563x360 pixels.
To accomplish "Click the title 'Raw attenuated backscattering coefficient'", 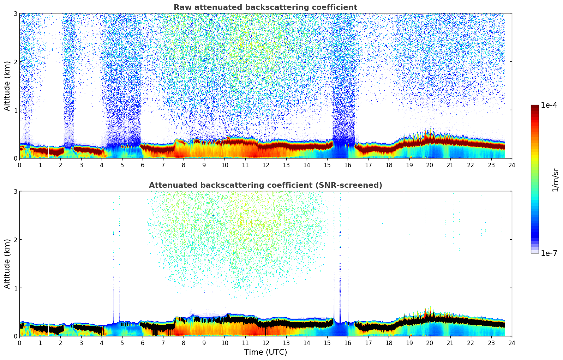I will point(265,7).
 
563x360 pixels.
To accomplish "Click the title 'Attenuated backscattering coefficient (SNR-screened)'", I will point(265,185).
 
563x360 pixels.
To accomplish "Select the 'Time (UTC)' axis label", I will point(265,352).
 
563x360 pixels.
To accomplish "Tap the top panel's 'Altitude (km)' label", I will point(7,86).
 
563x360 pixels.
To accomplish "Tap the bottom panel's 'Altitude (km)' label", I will point(7,264).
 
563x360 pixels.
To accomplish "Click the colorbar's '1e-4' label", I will point(549,105).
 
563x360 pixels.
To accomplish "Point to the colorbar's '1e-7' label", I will point(549,253).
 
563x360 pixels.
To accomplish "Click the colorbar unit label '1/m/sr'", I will point(555,179).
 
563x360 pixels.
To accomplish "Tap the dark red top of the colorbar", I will point(535,107).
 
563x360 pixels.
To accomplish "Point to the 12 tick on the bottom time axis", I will point(265,343).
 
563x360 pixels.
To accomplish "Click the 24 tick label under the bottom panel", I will point(512,343).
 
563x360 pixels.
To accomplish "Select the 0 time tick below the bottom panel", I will point(19,343).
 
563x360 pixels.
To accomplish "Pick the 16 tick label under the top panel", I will point(348,165).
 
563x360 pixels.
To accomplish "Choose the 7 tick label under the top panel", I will point(163,165).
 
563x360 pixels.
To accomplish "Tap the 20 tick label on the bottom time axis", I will point(430,343).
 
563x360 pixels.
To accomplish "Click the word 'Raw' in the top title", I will point(181,7).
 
